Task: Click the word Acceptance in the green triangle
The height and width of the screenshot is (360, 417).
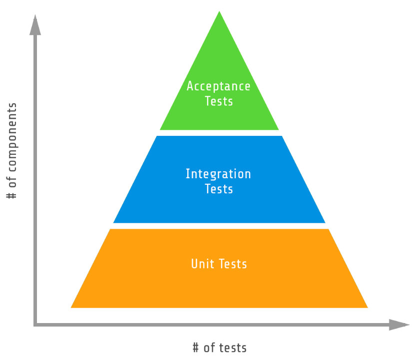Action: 218,87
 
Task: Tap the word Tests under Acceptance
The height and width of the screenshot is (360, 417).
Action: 219,101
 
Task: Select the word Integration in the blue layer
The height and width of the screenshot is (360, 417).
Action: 218,174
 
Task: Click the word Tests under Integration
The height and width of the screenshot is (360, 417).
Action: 219,189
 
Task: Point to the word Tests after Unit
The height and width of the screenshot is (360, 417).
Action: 233,264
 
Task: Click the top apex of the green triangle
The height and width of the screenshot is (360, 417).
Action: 219,11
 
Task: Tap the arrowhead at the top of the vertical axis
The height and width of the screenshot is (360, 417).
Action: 35,25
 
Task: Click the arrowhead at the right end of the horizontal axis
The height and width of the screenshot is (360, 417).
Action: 399,325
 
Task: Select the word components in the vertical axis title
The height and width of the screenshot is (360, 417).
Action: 12,137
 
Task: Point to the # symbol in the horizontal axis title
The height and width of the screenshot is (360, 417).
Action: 195,348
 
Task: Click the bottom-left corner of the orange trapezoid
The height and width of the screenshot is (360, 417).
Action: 71,308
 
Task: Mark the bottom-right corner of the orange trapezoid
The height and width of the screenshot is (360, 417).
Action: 368,308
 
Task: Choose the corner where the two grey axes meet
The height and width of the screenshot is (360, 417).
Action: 35,325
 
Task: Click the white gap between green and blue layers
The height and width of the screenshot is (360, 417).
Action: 219,133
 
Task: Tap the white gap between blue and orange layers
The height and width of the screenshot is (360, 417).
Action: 219,226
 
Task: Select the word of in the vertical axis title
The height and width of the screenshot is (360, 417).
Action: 12,182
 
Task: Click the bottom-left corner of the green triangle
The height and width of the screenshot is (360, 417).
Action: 160,130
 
